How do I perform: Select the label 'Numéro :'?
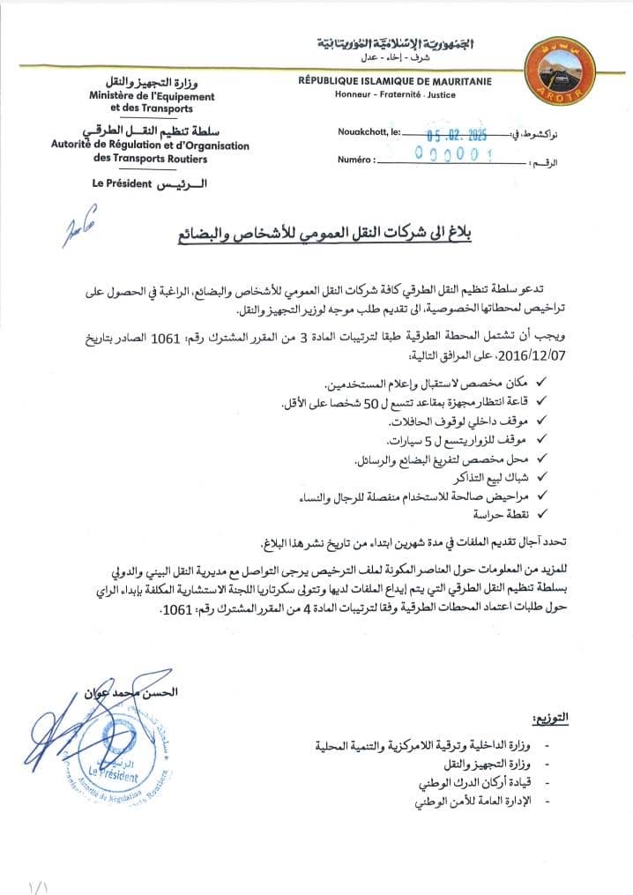tap(356, 160)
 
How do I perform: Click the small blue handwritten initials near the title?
tap(78, 227)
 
